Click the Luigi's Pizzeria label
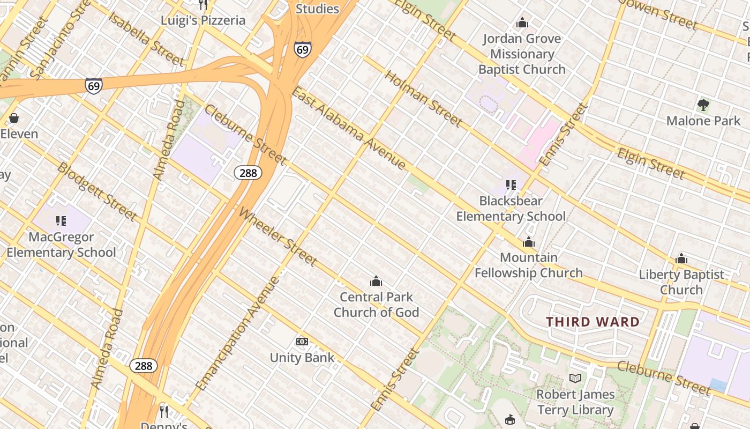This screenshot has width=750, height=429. pyautogui.click(x=203, y=20)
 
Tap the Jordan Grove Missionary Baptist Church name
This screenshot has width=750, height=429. pyautogui.click(x=522, y=54)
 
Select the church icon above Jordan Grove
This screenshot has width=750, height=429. pyautogui.click(x=522, y=23)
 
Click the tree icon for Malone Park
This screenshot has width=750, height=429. pyautogui.click(x=703, y=105)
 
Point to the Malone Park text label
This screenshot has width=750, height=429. pyautogui.click(x=703, y=121)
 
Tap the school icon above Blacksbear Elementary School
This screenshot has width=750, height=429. pyautogui.click(x=511, y=185)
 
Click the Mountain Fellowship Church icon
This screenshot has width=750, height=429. pyautogui.click(x=529, y=242)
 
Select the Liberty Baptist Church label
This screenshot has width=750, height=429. pyautogui.click(x=681, y=282)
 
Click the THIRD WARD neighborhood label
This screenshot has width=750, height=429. pyautogui.click(x=592, y=322)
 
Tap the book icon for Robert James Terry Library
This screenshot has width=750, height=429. pyautogui.click(x=575, y=379)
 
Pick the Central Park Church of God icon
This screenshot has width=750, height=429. pyautogui.click(x=376, y=281)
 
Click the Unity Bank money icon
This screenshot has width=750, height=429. pyautogui.click(x=302, y=342)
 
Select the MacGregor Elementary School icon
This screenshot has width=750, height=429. pyautogui.click(x=61, y=221)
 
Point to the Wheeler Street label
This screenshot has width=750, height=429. pyautogui.click(x=278, y=237)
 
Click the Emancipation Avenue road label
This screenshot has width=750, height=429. pyautogui.click(x=237, y=334)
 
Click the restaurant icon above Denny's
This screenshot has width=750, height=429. pyautogui.click(x=164, y=411)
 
